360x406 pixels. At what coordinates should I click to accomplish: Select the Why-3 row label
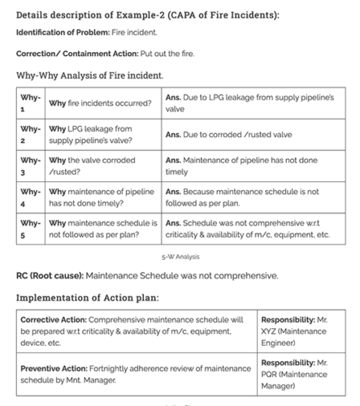click(x=29, y=166)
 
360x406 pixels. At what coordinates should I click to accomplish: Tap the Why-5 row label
click(x=29, y=228)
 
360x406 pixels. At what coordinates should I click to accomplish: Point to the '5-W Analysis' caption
click(x=179, y=256)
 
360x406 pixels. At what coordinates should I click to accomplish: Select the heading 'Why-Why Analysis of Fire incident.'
click(x=89, y=76)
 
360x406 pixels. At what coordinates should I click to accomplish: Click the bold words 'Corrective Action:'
click(x=56, y=321)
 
